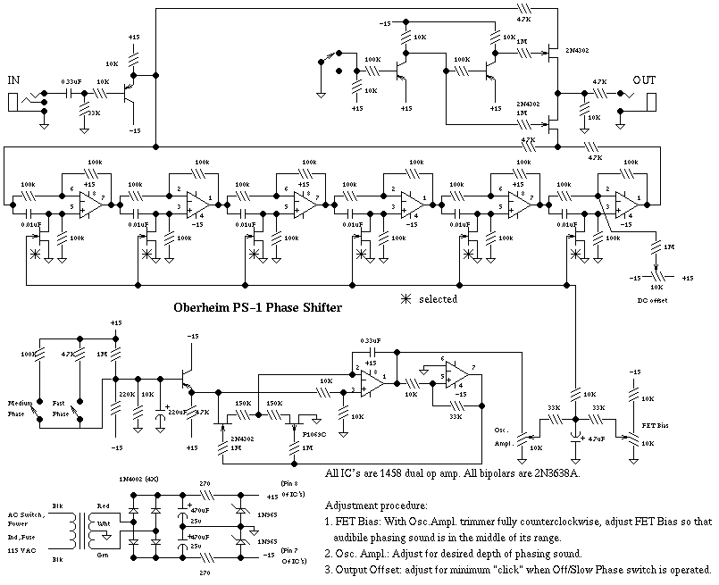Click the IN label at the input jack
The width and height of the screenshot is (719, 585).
click(14, 81)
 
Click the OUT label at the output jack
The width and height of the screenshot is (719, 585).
click(645, 81)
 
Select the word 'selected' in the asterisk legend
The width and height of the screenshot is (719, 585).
click(439, 299)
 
